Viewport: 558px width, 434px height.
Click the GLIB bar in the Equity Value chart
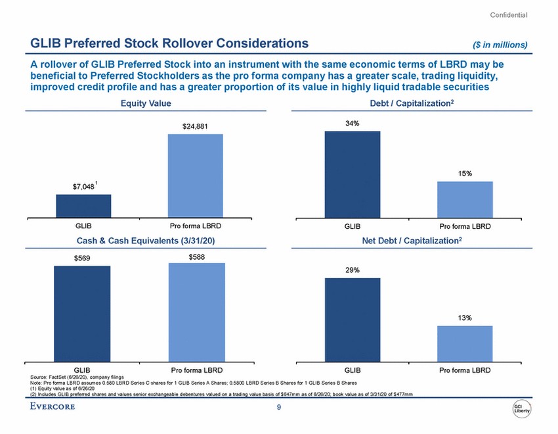point(83,206)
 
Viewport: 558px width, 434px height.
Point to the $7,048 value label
point(83,187)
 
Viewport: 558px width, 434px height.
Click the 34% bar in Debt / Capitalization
point(353,174)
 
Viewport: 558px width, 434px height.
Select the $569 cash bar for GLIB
point(83,314)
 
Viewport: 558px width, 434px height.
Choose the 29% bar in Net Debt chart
point(353,320)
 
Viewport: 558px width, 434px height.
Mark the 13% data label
point(465,318)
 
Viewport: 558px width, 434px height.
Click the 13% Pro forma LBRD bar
point(465,344)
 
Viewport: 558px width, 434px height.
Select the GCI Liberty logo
point(522,409)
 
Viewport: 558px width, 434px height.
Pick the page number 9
point(279,409)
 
